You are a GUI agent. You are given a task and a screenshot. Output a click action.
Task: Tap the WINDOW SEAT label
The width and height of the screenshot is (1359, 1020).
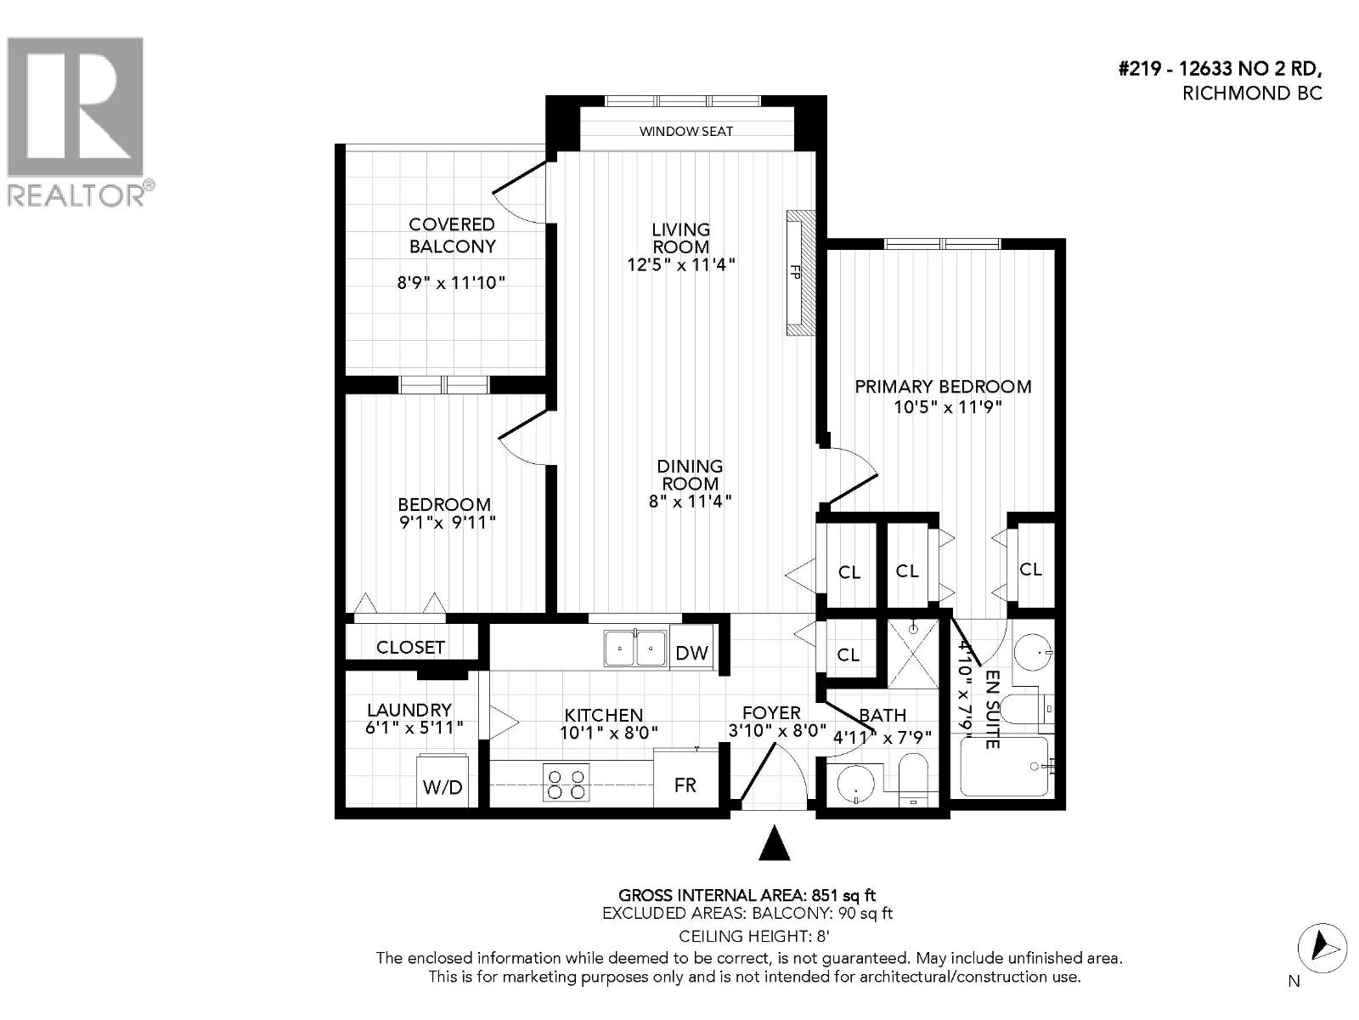685,131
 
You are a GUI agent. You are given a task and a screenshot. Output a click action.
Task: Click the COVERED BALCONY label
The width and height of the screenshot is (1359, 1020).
452,235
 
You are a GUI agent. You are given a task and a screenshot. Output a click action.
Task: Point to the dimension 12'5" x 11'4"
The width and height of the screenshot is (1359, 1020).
680,264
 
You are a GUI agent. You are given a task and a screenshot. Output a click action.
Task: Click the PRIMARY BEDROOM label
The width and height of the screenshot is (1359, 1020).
943,387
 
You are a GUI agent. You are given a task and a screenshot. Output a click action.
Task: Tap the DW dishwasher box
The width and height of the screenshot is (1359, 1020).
692,653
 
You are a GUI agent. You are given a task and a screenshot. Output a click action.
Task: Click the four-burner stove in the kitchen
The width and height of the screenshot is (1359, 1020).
567,784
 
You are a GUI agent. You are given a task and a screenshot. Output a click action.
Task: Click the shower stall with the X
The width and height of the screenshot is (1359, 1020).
913,654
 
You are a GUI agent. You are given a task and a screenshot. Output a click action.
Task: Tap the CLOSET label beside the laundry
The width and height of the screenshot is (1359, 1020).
410,647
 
